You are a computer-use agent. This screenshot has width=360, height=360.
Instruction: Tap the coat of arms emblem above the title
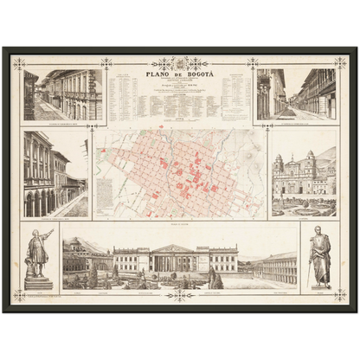[180, 63]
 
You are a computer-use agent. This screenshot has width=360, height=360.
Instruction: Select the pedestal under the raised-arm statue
[38, 282]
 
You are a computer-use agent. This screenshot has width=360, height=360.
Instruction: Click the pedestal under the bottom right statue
[319, 285]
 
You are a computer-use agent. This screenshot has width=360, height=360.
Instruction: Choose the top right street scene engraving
[295, 94]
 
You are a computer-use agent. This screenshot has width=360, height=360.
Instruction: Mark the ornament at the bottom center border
[180, 295]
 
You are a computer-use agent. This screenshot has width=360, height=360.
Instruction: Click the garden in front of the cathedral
[303, 206]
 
